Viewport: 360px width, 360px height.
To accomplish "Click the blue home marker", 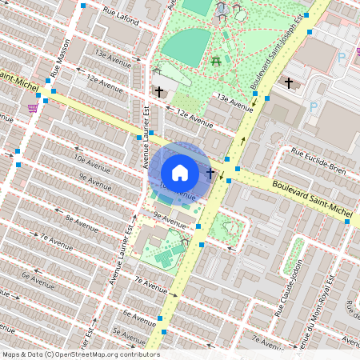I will [x=180, y=172].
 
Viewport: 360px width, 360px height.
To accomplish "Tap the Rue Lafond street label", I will [x=120, y=16].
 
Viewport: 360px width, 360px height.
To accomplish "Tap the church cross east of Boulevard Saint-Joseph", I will [x=289, y=82].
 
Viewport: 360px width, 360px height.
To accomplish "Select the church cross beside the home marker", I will [x=210, y=173].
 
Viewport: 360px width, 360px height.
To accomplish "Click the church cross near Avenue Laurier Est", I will [x=159, y=92].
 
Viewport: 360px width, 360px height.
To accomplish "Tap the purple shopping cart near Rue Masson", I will [x=33, y=106].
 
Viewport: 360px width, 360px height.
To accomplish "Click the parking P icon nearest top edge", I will [x=342, y=57].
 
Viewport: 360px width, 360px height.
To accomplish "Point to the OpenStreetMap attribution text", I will [x=81, y=354].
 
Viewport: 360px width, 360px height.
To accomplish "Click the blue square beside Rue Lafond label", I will [x=84, y=6].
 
